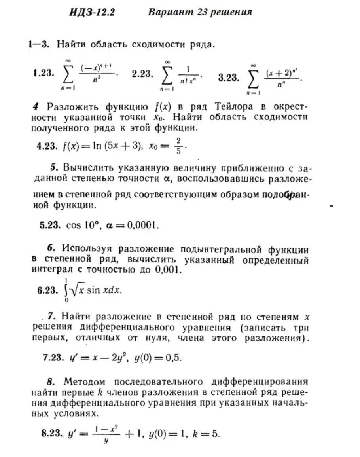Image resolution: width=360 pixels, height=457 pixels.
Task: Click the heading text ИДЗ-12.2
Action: [x=91, y=12]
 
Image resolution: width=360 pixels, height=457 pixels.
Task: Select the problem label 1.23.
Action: [x=44, y=74]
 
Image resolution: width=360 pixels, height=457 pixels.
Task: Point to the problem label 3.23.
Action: [x=229, y=77]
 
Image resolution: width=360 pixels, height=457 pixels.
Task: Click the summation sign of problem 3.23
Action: [x=254, y=78]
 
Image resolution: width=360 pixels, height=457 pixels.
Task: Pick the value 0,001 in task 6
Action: [x=168, y=270]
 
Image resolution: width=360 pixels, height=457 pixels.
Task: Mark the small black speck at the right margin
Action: [x=331, y=206]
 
